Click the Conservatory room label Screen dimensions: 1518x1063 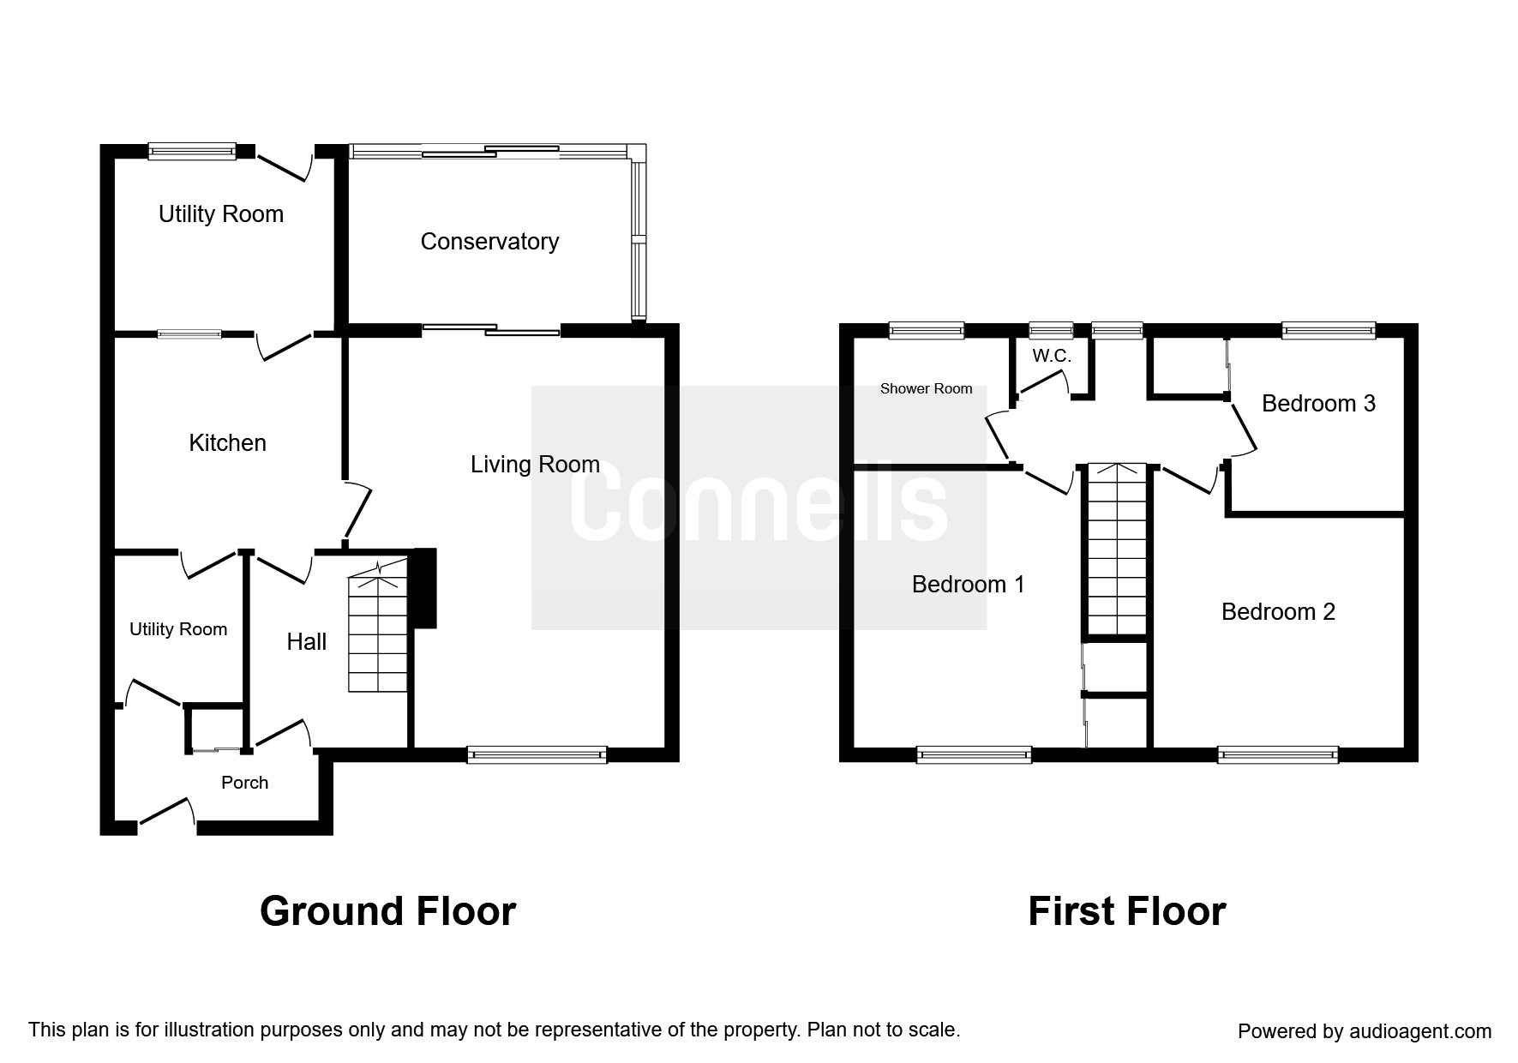489,242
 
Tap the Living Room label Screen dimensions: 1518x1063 535,465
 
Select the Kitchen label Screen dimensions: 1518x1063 227,443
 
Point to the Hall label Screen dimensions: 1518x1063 307,642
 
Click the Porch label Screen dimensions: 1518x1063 244,783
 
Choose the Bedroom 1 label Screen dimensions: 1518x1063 968,585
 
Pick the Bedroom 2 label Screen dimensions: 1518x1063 1278,612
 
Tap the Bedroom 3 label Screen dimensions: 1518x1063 1318,404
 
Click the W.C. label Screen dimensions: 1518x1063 1051,356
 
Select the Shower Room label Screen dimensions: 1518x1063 926,389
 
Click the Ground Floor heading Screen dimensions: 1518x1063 387,911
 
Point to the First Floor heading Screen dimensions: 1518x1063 1126,911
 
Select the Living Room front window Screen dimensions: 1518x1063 537,754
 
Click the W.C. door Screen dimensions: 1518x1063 1044,383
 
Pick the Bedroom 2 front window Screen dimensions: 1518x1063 1278,754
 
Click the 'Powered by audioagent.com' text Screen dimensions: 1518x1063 1365,1031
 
